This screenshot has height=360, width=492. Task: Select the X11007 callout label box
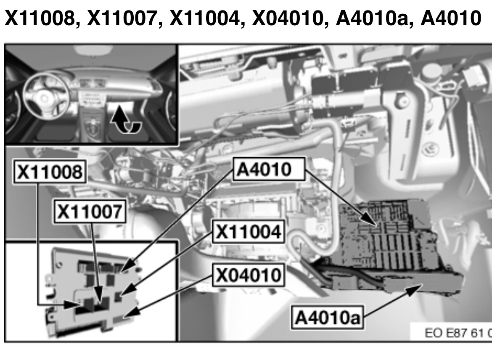90,211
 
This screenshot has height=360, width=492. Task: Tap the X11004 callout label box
248,232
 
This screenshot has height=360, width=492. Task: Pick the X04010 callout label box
248,275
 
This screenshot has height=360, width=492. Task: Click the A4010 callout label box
269,169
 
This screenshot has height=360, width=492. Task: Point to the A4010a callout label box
327,318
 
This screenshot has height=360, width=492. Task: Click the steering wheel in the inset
45,95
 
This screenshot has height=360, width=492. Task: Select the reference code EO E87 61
458,334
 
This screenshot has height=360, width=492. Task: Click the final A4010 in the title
451,18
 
